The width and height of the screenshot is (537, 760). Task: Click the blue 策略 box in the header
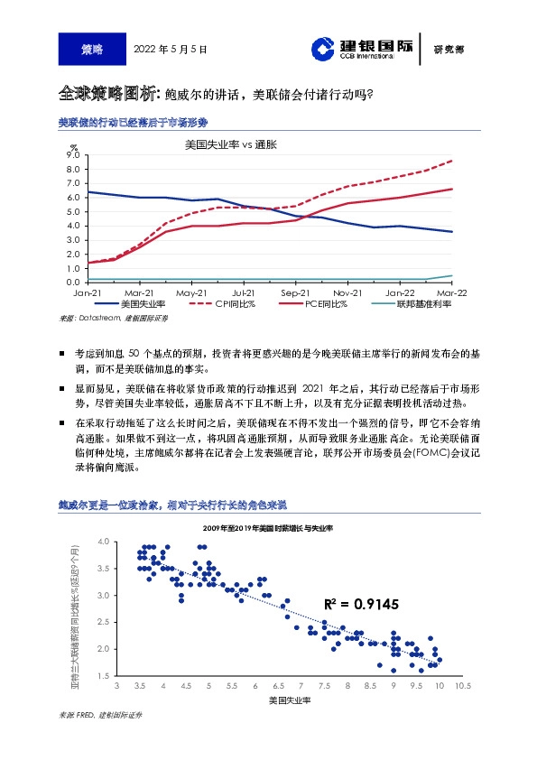point(92,49)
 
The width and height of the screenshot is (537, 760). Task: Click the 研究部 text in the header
point(449,50)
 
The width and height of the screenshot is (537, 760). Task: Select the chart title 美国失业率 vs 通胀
point(230,144)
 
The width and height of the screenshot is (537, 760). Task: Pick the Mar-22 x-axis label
point(451,293)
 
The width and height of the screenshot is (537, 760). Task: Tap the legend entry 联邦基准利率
point(423,305)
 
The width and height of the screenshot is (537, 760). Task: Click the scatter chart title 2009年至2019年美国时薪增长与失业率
point(268,526)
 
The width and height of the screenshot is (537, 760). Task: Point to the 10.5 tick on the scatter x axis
point(463,686)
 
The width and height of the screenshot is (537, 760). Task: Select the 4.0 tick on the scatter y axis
point(127,542)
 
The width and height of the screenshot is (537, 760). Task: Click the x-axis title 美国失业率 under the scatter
point(290,700)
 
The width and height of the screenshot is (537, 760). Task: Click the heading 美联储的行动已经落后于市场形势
point(133,122)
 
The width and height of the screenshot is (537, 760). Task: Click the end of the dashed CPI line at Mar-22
point(451,161)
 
